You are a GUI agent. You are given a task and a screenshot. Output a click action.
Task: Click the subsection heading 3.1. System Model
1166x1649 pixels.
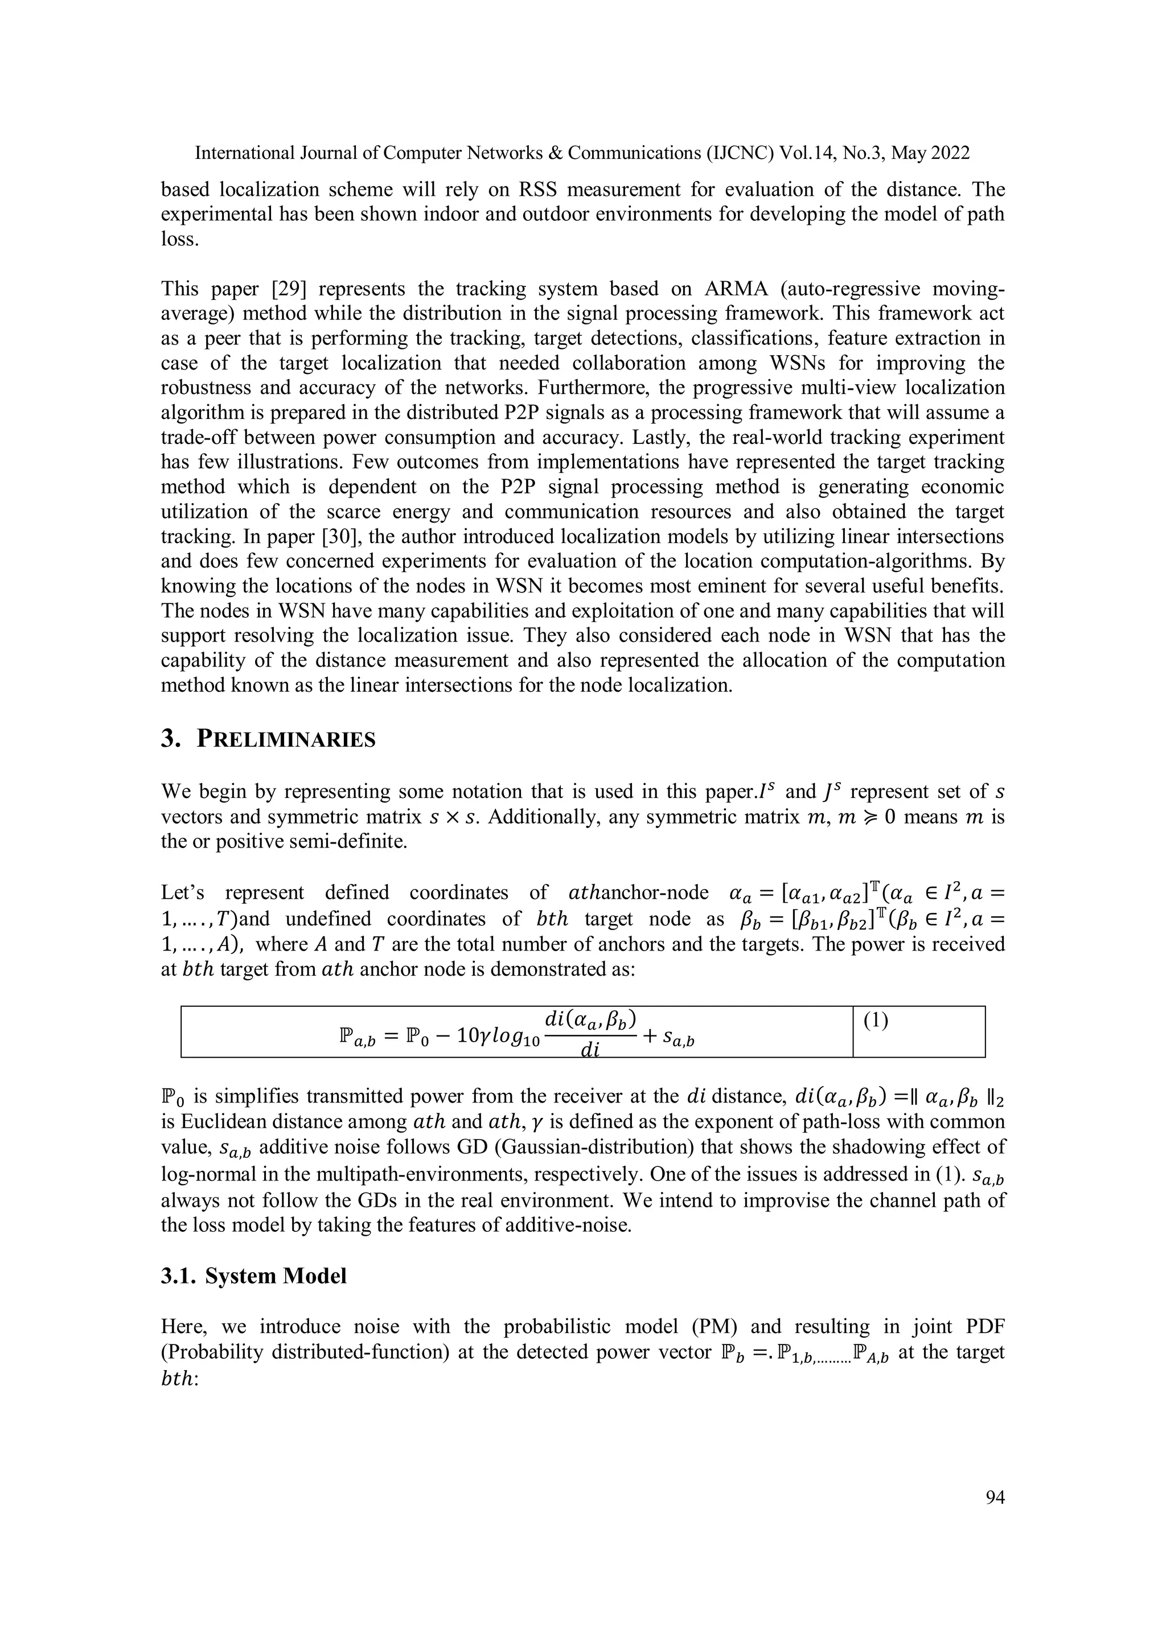(253, 1276)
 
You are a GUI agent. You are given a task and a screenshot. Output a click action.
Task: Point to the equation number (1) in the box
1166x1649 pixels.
(876, 1021)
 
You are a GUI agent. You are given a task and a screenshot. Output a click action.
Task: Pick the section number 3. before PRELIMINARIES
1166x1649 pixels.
(170, 740)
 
